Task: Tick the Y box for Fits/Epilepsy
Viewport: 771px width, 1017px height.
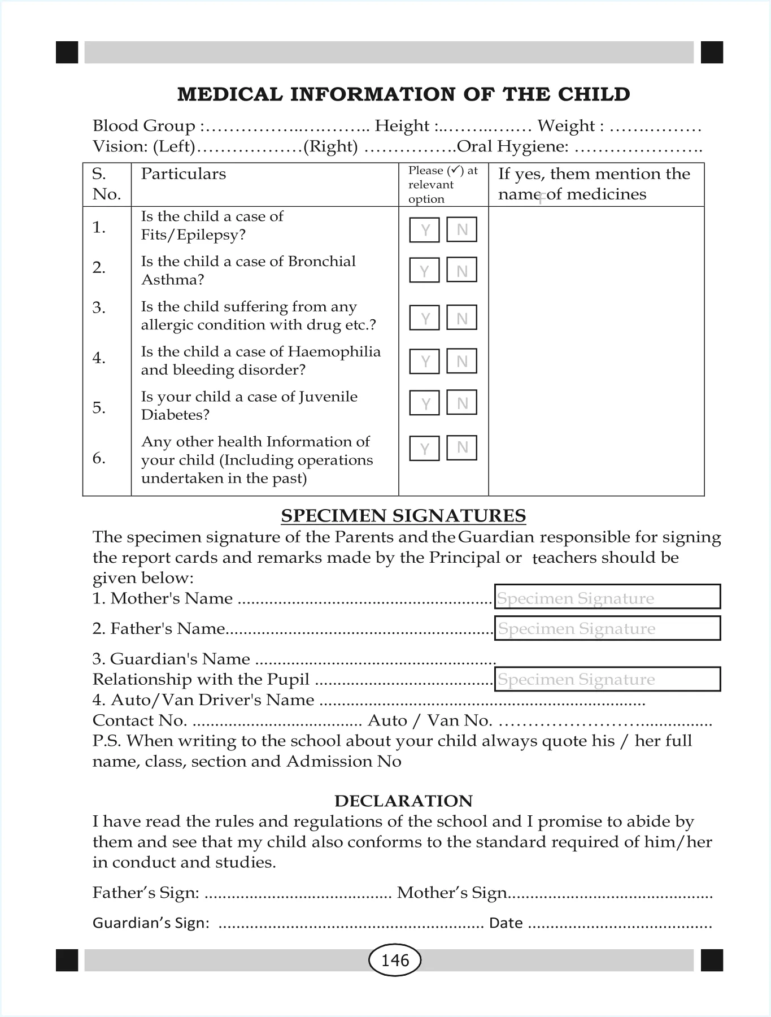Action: pyautogui.click(x=424, y=229)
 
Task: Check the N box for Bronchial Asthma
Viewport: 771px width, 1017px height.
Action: pyautogui.click(x=461, y=270)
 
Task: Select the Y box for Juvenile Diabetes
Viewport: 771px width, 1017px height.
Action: pyautogui.click(x=424, y=403)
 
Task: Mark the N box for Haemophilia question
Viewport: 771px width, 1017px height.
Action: pyautogui.click(x=461, y=361)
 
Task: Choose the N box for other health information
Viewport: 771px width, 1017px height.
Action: pyautogui.click(x=461, y=447)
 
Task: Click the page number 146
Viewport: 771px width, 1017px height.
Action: pyautogui.click(x=395, y=960)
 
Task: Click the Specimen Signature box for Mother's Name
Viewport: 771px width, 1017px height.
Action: pyautogui.click(x=607, y=597)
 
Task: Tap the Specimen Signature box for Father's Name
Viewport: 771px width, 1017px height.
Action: pyautogui.click(x=607, y=628)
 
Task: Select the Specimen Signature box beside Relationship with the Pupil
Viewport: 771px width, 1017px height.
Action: pyautogui.click(x=607, y=679)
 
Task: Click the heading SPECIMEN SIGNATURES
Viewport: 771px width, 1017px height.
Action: pyautogui.click(x=403, y=515)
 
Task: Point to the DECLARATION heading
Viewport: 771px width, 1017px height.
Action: pyautogui.click(x=403, y=801)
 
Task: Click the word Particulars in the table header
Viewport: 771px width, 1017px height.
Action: pyautogui.click(x=183, y=173)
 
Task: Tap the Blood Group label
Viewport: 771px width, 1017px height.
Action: pyautogui.click(x=144, y=125)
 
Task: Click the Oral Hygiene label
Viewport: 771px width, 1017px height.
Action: pyautogui.click(x=513, y=146)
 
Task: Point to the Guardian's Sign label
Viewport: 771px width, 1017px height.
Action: pyautogui.click(x=151, y=923)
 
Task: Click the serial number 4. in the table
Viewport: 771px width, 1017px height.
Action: pyautogui.click(x=99, y=358)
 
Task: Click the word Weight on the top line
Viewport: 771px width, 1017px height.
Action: pyautogui.click(x=566, y=125)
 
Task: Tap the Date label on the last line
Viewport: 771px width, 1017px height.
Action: pyautogui.click(x=506, y=923)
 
